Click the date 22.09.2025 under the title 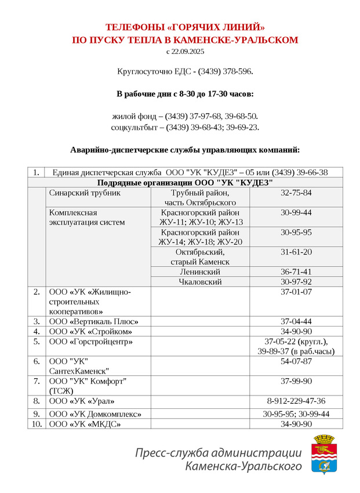[x=189, y=52]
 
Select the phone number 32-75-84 [x=296, y=193]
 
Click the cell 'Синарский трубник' [x=85, y=193]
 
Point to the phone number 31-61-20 [x=296, y=252]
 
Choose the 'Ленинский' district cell [x=200, y=271]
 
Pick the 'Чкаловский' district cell [x=200, y=282]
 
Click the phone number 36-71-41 [x=296, y=271]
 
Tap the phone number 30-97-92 [x=296, y=282]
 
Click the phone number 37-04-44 [x=296, y=321]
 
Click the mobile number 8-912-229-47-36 [x=296, y=401]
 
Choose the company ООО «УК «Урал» [x=82, y=401]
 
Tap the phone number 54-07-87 [x=296, y=361]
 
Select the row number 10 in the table [x=36, y=424]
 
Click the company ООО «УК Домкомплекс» [x=96, y=414]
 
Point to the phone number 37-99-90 [x=296, y=381]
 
